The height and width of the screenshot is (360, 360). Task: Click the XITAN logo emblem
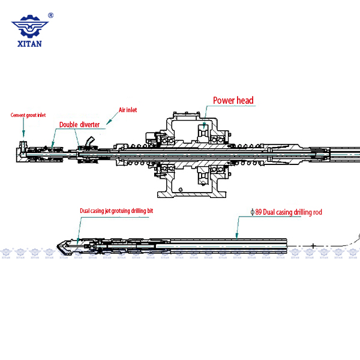(29, 27)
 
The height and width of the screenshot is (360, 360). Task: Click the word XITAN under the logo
(29, 43)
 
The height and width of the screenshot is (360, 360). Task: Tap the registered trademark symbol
(50, 16)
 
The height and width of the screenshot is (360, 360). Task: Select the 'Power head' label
(233, 101)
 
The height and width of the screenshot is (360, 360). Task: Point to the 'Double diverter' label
(79, 125)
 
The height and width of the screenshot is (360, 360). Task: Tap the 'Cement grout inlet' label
(28, 115)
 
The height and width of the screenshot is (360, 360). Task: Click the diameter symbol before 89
(252, 212)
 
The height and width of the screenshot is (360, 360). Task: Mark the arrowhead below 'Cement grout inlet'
(23, 134)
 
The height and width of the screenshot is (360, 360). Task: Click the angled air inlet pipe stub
(89, 142)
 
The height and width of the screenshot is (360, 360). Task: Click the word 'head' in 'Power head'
(244, 101)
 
